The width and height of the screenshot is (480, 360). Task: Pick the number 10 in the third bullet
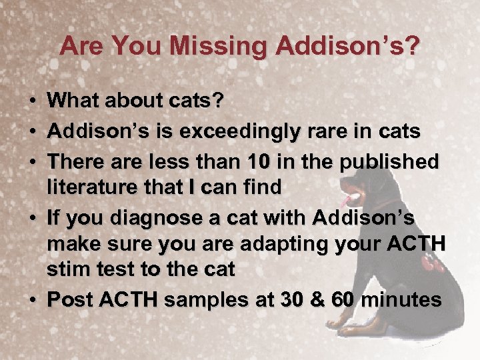pos(255,162)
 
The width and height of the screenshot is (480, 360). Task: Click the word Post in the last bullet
pos(70,301)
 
